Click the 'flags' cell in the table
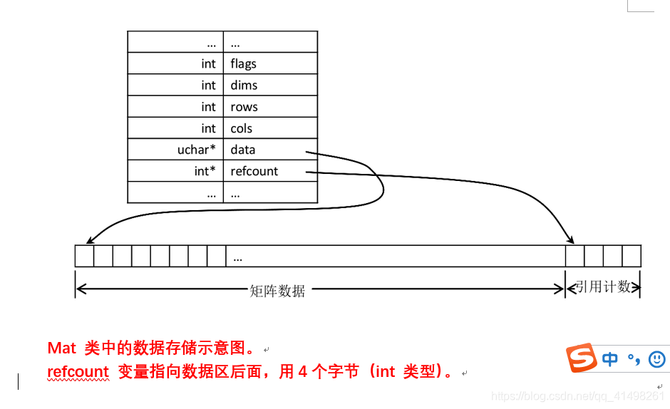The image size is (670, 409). [x=243, y=64]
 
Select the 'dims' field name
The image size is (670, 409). [x=244, y=86]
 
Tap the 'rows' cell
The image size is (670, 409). [x=244, y=107]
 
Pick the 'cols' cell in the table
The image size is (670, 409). [x=242, y=128]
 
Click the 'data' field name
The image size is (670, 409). [x=242, y=150]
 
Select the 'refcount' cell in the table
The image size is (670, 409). [x=254, y=171]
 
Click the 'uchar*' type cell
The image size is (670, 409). [x=196, y=150]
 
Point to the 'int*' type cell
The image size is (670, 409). [x=205, y=171]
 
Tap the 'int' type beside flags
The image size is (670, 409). [x=208, y=64]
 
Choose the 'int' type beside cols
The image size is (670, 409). [x=208, y=128]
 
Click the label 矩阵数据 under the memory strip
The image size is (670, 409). [x=277, y=291]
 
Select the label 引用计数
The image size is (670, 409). [x=603, y=286]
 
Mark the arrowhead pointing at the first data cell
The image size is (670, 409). [x=88, y=242]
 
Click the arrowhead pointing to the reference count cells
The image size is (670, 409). [x=570, y=239]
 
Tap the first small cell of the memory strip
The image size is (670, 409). [x=84, y=256]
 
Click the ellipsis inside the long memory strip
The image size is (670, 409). [x=238, y=258]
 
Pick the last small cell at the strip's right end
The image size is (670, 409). [x=632, y=256]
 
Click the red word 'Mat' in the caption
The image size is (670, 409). [x=61, y=348]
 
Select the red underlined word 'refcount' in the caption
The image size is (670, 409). [x=78, y=372]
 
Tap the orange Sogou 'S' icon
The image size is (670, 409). [x=582, y=358]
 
